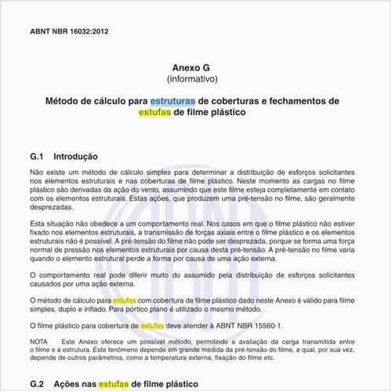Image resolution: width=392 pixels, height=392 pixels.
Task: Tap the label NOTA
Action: pos(39,342)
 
